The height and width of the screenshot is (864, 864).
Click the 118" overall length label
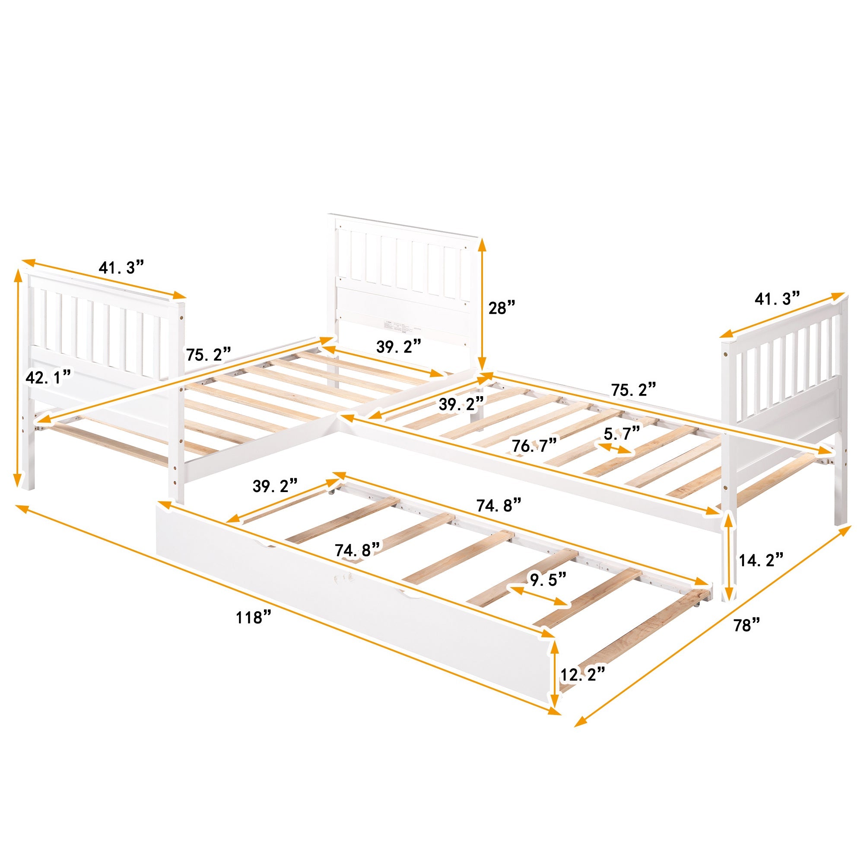[x=254, y=618]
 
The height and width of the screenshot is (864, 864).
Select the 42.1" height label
[x=48, y=377]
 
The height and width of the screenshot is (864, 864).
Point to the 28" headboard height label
[x=502, y=308]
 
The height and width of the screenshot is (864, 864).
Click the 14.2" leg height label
[x=761, y=559]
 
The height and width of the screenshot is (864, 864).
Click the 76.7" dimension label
[x=535, y=445]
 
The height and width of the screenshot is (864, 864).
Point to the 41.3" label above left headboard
[x=122, y=267]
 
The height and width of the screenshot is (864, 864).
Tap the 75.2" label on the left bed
[x=208, y=355]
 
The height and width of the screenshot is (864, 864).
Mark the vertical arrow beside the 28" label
[x=482, y=304]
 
